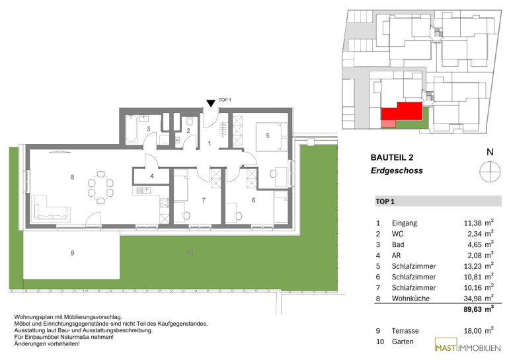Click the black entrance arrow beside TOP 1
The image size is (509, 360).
(x=211, y=103)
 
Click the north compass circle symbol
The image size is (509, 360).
(x=490, y=171)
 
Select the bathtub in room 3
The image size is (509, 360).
(x=131, y=129)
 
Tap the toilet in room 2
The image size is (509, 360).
(x=190, y=122)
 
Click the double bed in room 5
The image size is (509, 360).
(x=272, y=137)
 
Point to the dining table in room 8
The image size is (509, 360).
(x=100, y=188)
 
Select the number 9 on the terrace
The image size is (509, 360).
(x=72, y=253)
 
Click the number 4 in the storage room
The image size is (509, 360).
(x=151, y=176)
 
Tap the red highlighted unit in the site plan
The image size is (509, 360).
(x=402, y=112)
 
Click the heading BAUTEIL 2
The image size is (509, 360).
(x=392, y=158)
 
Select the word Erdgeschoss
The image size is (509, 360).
(x=397, y=170)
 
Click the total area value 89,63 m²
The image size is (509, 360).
(x=479, y=308)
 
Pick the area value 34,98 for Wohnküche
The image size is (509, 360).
(x=473, y=299)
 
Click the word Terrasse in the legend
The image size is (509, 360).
(x=405, y=331)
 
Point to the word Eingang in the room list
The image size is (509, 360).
(x=404, y=223)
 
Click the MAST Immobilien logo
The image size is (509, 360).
(x=467, y=345)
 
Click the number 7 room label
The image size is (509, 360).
(x=204, y=200)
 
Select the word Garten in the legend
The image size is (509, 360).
(x=403, y=342)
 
